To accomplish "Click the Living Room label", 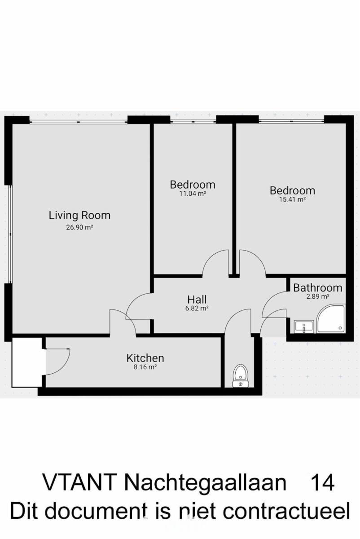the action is pyautogui.click(x=79, y=215).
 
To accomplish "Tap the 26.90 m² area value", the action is pyautogui.click(x=79, y=227).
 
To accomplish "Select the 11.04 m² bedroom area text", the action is pyautogui.click(x=193, y=194).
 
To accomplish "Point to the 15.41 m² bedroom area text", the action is pyautogui.click(x=292, y=199).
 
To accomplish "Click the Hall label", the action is pyautogui.click(x=197, y=300).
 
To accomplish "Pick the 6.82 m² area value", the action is pyautogui.click(x=197, y=308).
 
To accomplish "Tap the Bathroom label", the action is pyautogui.click(x=318, y=288).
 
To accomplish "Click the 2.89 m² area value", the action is pyautogui.click(x=318, y=296).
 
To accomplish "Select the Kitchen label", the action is pyautogui.click(x=145, y=358).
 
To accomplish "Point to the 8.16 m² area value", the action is pyautogui.click(x=145, y=367).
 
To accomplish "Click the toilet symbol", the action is pyautogui.click(x=241, y=376).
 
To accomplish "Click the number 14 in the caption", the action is pyautogui.click(x=323, y=482).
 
